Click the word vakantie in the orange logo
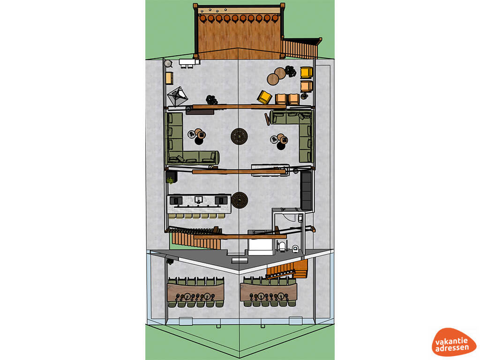451,341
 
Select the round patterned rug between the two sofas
239,136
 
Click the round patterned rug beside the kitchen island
240,200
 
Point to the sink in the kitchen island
198,200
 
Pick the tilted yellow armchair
264,97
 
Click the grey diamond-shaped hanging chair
177,97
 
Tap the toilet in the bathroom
295,248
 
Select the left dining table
195,292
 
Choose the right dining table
269,292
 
